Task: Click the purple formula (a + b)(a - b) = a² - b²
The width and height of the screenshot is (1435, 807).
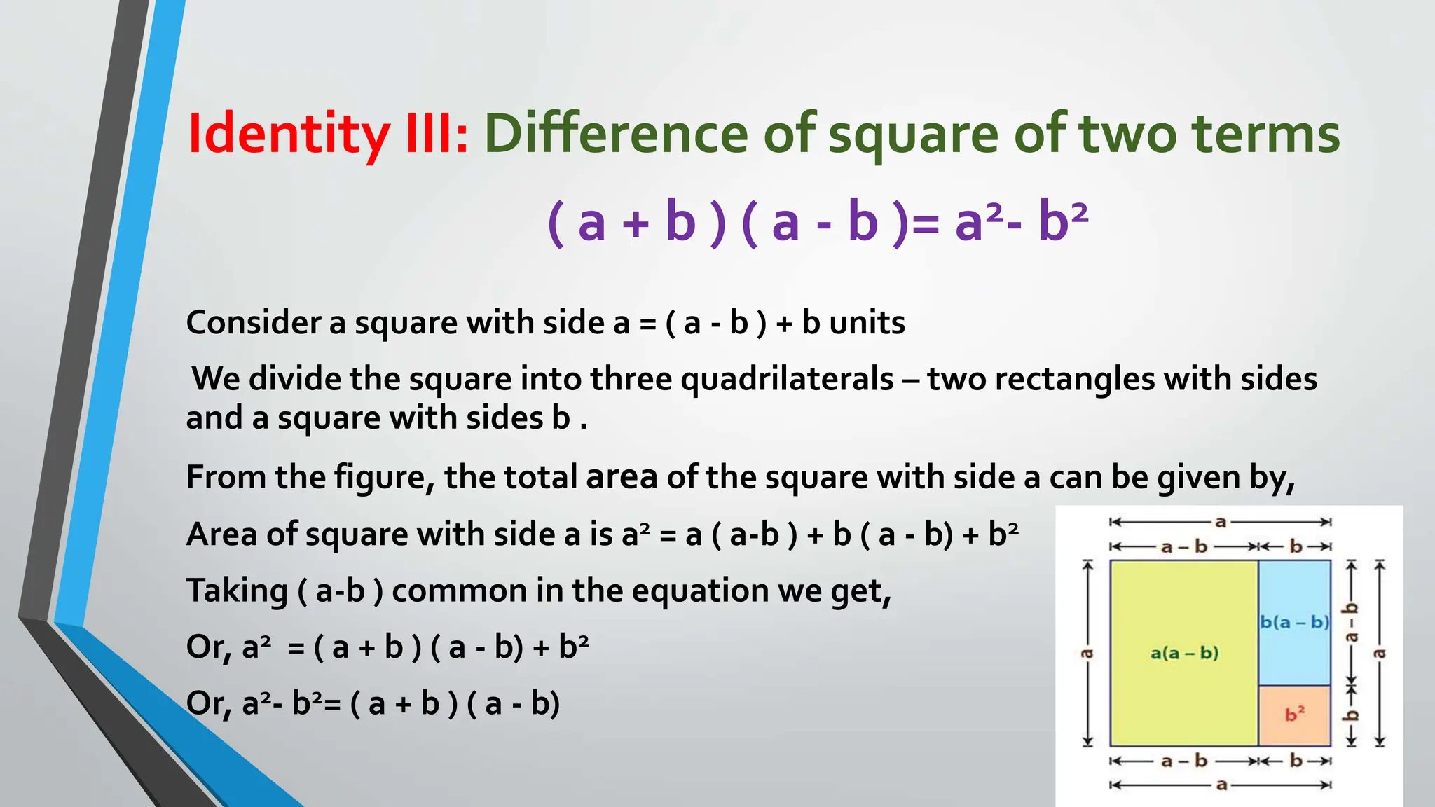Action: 818,221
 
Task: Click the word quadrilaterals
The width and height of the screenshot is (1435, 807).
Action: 787,379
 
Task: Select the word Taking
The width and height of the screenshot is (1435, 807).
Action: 237,591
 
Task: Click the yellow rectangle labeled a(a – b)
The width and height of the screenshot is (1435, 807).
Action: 1184,653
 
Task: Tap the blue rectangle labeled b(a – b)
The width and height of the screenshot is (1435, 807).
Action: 1294,622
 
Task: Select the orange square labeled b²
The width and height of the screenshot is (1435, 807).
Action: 1294,715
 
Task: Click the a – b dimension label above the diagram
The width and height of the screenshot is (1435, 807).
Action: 1184,546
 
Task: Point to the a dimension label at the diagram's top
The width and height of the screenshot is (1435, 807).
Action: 1221,522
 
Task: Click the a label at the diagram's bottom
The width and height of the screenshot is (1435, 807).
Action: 1221,785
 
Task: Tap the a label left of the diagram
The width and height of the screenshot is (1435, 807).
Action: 1087,654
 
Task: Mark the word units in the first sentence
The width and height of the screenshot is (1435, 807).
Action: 867,323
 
